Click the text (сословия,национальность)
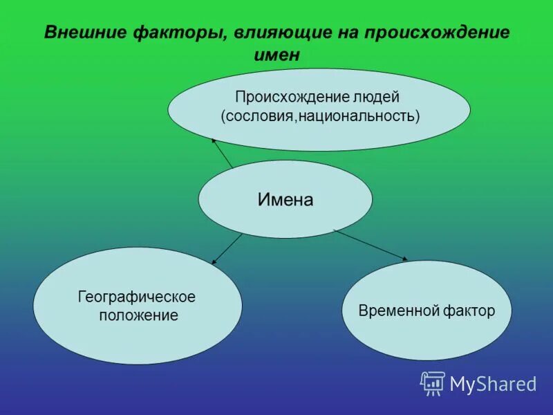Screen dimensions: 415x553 [320, 116]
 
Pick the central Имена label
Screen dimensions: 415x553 [285, 200]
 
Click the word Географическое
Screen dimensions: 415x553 [137, 297]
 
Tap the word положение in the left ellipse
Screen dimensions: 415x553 [137, 315]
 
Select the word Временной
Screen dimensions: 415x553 [390, 311]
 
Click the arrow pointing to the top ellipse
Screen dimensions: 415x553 [222, 153]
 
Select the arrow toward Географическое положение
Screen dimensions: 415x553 [227, 249]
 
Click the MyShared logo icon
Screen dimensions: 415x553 [433, 383]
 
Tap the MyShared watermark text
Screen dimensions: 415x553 [493, 384]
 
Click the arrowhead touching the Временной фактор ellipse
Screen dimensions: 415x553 [404, 259]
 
